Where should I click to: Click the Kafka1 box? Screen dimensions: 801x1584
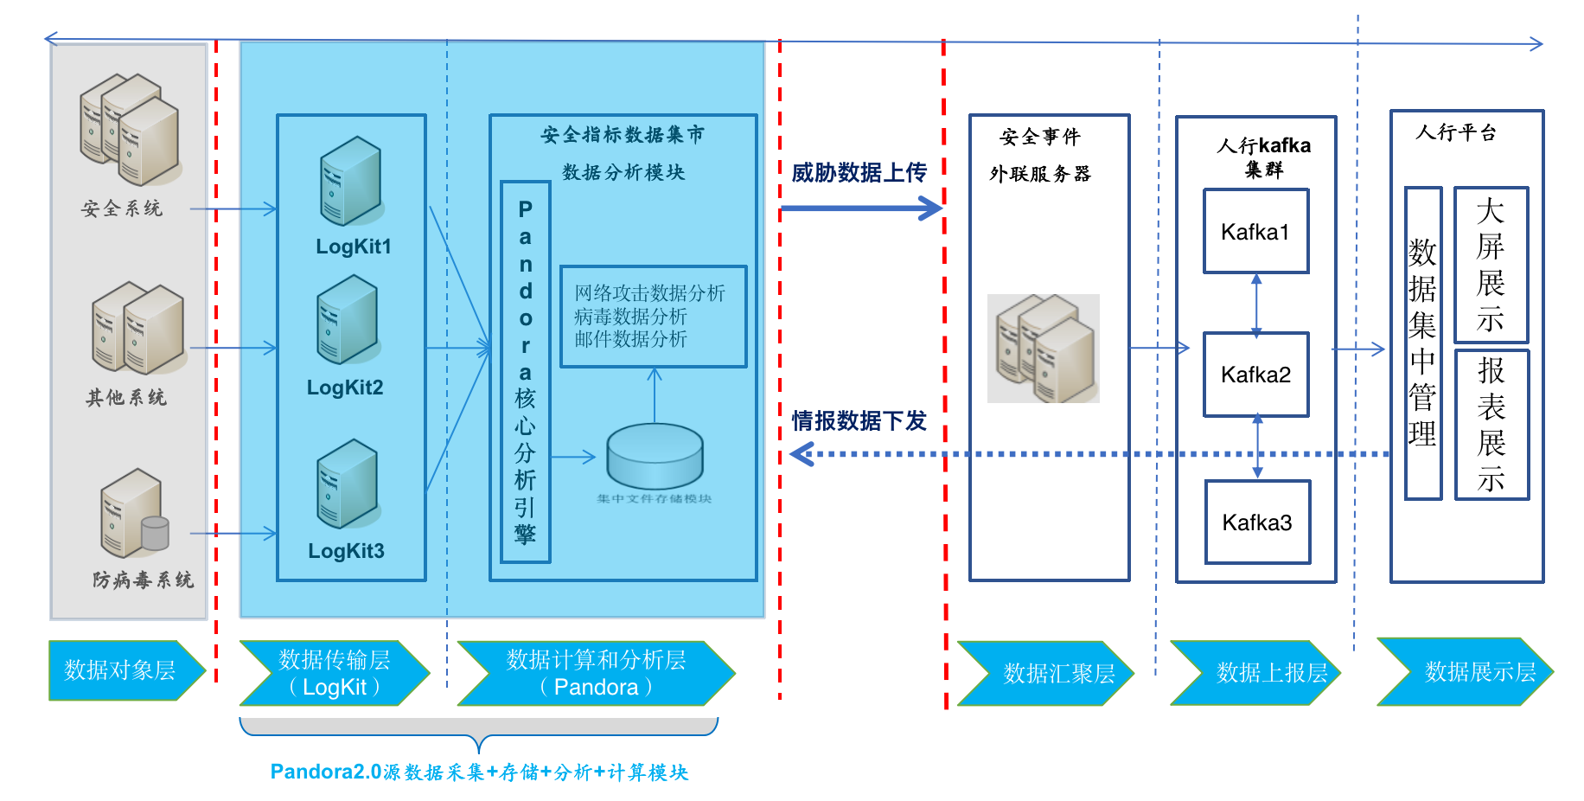coord(1255,232)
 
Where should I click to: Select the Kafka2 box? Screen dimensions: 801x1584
coord(1255,375)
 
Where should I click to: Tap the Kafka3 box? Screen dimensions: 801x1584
coord(1257,522)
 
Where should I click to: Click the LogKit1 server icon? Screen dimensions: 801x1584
coord(350,181)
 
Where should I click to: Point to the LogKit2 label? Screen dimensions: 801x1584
coord(345,388)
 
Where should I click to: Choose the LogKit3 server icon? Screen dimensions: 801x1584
coord(347,484)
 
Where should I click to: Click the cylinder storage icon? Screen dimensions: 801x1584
coord(655,457)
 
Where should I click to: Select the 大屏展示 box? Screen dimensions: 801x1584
coord(1491,265)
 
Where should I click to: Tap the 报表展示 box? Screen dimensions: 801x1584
coord(1491,424)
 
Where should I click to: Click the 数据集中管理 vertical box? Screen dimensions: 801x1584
coord(1422,343)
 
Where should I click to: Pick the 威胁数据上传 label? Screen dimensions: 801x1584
coord(859,173)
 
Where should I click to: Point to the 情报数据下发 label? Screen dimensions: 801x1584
coord(859,421)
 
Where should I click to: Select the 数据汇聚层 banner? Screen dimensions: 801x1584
coord(1046,673)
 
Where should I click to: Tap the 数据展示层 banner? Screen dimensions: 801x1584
coord(1467,671)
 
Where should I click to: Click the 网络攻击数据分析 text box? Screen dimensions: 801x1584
coord(653,317)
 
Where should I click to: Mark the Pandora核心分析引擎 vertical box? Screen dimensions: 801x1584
coord(525,372)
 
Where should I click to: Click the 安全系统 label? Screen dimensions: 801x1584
coord(122,208)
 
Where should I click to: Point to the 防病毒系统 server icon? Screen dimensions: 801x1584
coord(133,514)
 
